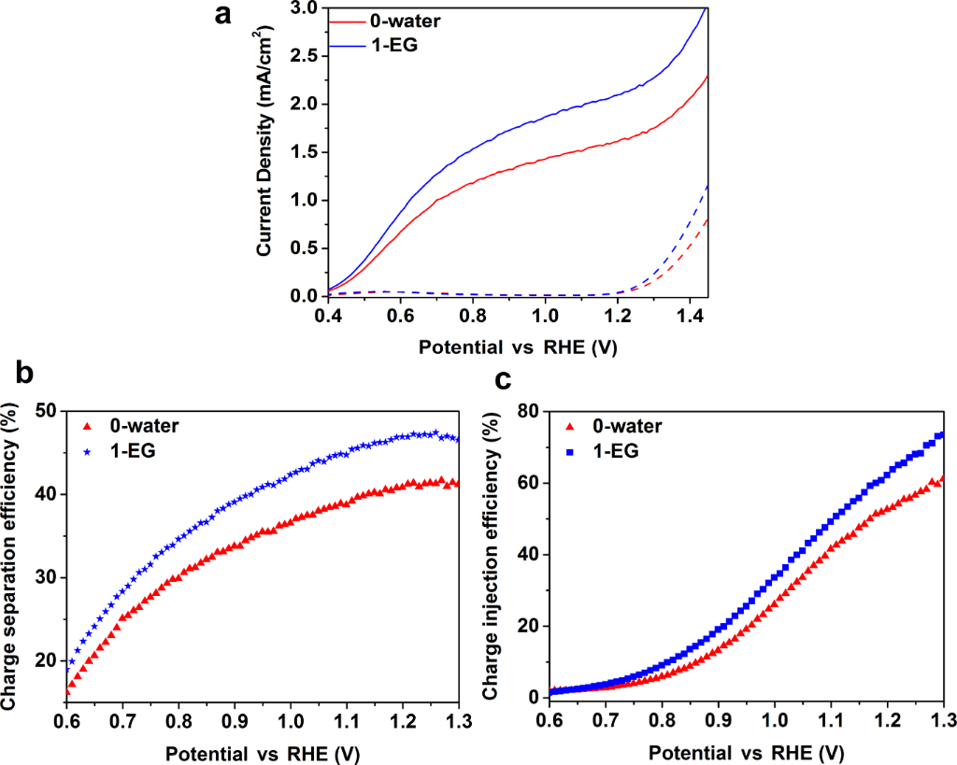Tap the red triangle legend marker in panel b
click(x=87, y=426)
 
